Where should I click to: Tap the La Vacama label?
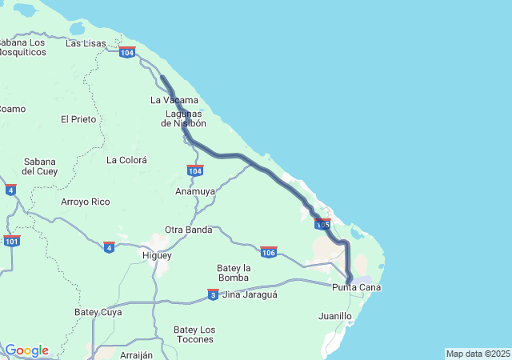click(174, 100)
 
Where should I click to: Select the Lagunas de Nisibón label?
click(183, 118)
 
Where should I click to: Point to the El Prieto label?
click(78, 119)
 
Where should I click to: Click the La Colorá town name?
click(126, 160)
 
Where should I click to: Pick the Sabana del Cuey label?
click(40, 166)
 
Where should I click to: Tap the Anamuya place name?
click(195, 191)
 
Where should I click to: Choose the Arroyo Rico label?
click(86, 202)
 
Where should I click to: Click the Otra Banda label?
click(188, 230)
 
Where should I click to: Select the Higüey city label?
click(157, 255)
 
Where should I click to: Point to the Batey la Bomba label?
click(234, 273)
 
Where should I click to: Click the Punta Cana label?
click(356, 287)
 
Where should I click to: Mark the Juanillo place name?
click(334, 316)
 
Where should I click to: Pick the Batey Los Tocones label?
click(195, 334)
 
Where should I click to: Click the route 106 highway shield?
click(269, 252)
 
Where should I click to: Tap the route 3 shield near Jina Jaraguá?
click(213, 294)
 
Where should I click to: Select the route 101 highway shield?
click(11, 241)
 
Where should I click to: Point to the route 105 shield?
click(323, 224)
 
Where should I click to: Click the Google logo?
click(26, 350)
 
